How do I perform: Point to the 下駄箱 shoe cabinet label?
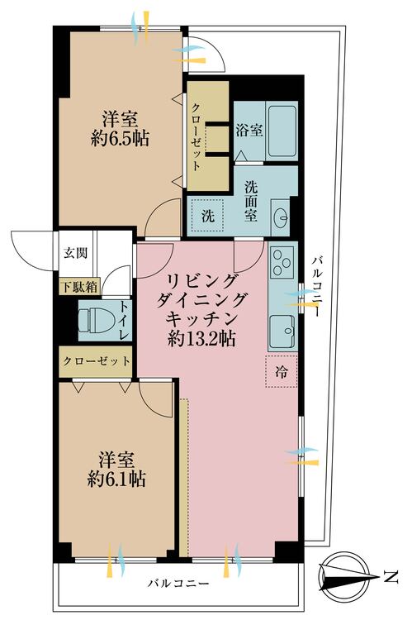point(78,288)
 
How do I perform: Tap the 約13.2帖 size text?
point(202,337)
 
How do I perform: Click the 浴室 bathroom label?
point(250,131)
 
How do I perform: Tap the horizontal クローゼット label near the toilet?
point(97,361)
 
